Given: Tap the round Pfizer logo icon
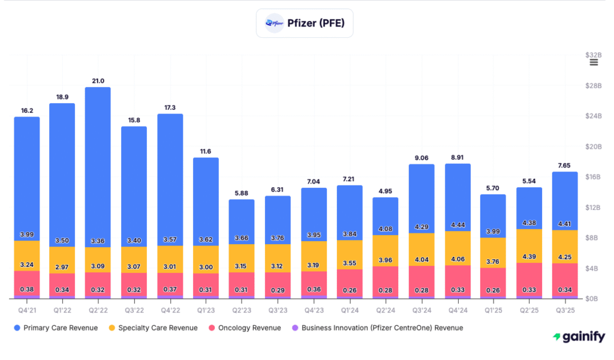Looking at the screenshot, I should click(x=275, y=24).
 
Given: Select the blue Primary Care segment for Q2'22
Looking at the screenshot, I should click(x=98, y=162).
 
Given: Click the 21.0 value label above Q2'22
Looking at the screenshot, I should click(x=98, y=81).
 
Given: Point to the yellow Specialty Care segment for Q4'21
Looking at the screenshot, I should click(x=27, y=256).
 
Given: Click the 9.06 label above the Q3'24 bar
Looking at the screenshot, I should click(x=421, y=158).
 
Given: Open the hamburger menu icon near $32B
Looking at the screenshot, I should click(x=594, y=62).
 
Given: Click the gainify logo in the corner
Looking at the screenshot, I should click(x=578, y=337).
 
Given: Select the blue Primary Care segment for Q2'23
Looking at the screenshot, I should click(x=242, y=219).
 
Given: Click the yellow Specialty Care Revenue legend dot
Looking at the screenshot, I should click(x=112, y=328).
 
